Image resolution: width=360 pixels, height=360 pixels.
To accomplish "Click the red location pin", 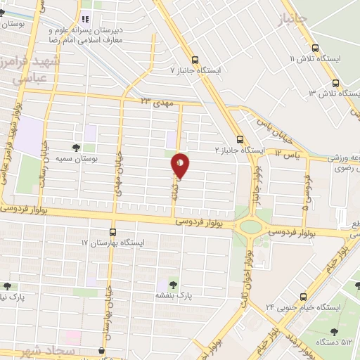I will [x=181, y=166].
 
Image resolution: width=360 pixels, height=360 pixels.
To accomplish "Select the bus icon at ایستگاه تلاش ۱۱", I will [x=314, y=48].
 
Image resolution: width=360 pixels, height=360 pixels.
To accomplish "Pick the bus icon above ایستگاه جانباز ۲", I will [x=240, y=139].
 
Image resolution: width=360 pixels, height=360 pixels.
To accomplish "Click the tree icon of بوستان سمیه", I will [x=76, y=148].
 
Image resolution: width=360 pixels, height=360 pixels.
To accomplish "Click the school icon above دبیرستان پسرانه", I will [x=86, y=19].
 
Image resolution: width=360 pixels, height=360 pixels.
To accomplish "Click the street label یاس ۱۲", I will [x=288, y=152].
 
